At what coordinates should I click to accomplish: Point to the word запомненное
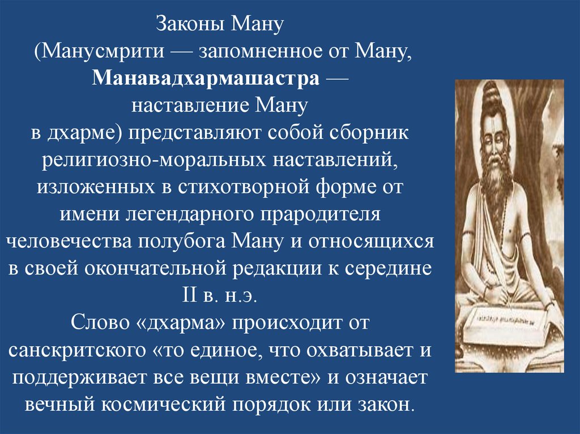[x=265, y=52]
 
